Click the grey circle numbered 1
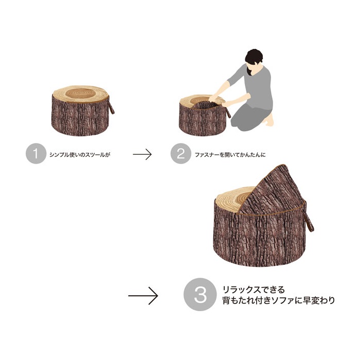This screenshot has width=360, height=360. (x=36, y=153)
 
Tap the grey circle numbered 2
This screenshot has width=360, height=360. (x=181, y=153)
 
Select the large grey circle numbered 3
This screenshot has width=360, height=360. (x=200, y=295)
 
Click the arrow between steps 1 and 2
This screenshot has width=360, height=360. (x=142, y=154)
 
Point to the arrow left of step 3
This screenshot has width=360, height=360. (x=143, y=296)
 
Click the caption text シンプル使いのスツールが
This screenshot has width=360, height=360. (x=80, y=154)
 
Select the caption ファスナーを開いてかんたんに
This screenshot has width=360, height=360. (x=230, y=154)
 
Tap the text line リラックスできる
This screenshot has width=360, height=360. (x=254, y=290)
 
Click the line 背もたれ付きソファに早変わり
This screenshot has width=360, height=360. (x=279, y=300)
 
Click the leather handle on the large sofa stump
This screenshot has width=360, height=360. (x=309, y=222)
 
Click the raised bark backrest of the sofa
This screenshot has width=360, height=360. (x=273, y=191)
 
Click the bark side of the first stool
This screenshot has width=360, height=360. (x=80, y=117)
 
